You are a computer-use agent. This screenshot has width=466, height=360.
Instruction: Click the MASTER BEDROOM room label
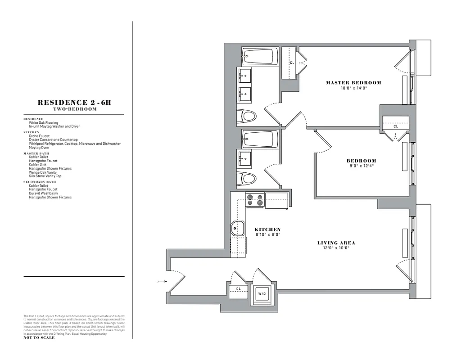[353, 83]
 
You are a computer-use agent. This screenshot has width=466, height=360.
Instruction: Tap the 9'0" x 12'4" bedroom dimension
[361, 166]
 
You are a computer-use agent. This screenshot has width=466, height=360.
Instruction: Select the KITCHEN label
[267, 229]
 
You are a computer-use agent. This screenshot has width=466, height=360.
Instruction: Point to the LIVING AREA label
[336, 243]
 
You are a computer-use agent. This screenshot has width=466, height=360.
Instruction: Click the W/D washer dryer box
[262, 293]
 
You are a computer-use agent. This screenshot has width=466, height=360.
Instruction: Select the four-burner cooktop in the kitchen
[254, 200]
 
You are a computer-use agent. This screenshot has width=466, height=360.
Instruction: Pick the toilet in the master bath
[247, 117]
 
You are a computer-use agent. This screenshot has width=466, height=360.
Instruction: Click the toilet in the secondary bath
[247, 179]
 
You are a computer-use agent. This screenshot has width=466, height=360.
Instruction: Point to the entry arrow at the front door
[159, 282]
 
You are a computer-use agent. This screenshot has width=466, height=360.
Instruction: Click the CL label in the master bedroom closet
[292, 63]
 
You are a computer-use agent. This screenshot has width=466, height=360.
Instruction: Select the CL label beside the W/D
[238, 288]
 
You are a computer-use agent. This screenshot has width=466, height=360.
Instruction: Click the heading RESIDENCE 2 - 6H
[74, 103]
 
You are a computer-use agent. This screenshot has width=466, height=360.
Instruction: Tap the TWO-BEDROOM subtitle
[74, 109]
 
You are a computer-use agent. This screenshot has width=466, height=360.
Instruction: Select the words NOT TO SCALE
[39, 337]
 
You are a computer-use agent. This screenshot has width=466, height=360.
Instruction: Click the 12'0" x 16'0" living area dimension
[336, 248]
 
